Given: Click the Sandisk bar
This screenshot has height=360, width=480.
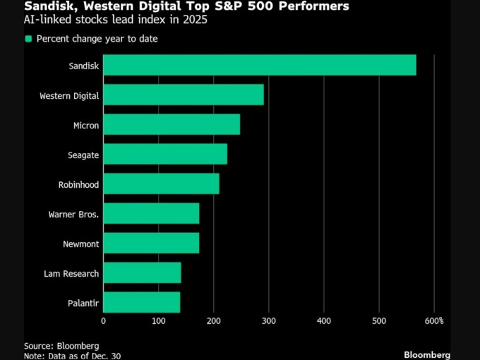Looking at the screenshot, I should point(260,65).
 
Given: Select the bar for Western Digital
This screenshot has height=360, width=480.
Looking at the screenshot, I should point(184,95).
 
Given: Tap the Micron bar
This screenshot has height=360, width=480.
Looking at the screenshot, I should point(172,124).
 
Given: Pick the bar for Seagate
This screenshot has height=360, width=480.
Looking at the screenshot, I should point(165,154).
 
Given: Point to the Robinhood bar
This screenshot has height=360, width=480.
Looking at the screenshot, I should point(161,184).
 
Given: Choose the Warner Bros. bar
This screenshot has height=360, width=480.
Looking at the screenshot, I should point(151,213).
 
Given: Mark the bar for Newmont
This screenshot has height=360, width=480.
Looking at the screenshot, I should point(151,243).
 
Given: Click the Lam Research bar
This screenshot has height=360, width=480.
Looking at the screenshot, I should point(142,272).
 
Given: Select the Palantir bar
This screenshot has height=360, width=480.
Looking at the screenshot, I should point(141,302).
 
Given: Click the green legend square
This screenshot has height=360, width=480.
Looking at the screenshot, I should point(28,39).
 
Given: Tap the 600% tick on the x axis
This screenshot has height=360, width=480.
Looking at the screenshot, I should point(433,321).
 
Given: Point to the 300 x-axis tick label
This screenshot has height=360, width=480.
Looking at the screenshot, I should point(268,321).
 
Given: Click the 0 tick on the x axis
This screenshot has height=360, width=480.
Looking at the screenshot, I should point(104,321).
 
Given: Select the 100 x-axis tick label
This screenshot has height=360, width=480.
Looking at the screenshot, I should point(158,321).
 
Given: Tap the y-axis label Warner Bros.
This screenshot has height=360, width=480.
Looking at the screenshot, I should point(73,214).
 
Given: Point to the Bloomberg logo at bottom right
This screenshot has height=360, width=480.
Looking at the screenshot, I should point(427,354).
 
